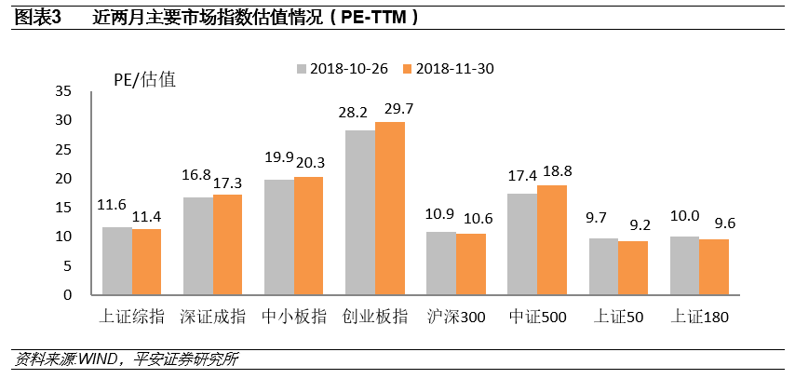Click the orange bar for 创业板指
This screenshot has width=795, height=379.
(x=390, y=209)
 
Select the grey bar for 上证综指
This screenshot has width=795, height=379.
(x=117, y=261)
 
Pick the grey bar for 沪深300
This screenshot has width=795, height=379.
(x=441, y=264)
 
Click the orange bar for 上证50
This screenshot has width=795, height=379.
(x=633, y=268)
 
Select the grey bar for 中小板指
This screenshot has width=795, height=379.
(x=279, y=237)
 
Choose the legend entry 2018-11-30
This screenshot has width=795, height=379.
(x=445, y=69)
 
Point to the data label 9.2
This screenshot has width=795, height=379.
(x=641, y=226)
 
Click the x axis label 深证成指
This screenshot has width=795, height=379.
(x=213, y=318)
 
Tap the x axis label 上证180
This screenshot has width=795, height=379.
(x=699, y=318)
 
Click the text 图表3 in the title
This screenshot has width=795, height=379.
(x=38, y=17)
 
